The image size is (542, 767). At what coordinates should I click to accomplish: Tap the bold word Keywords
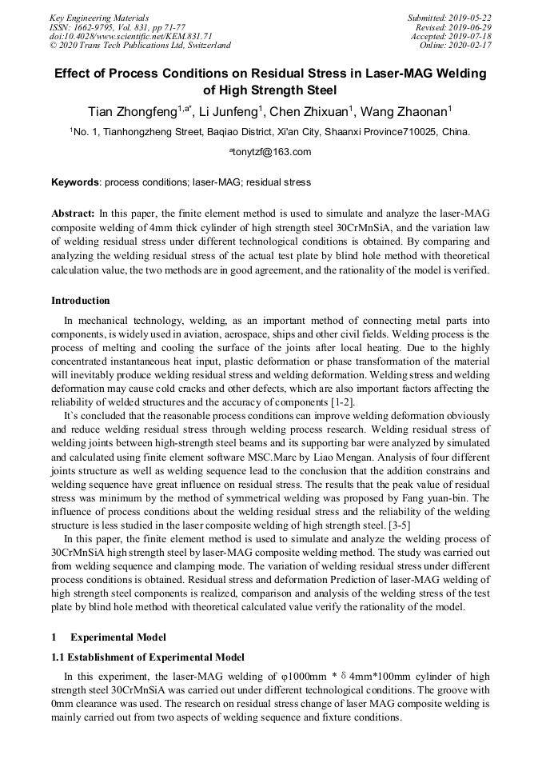pos(76,182)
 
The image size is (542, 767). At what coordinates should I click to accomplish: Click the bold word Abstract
pos(73,214)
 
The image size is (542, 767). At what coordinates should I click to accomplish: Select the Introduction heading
pos(81,301)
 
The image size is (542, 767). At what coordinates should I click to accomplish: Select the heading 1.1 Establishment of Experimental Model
pos(148,657)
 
